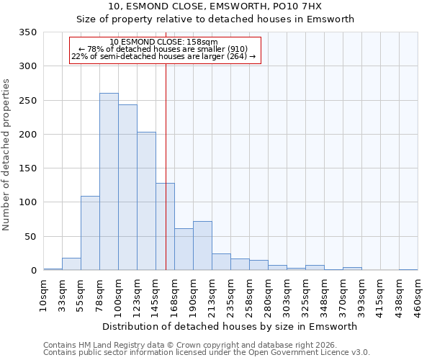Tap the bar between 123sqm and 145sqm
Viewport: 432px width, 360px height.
point(146,202)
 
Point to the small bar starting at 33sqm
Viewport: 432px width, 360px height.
point(71,264)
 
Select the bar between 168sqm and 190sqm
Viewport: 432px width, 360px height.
point(184,250)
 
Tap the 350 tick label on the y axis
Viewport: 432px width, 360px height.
point(27,32)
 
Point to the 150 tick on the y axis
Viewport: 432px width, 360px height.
point(27,168)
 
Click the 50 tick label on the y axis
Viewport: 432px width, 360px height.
point(30,237)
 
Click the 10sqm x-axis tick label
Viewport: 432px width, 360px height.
point(43,295)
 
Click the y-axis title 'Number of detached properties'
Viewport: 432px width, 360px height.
point(6,155)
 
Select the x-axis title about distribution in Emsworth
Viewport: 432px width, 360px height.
point(230,326)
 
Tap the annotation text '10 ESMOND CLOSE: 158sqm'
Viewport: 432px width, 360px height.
point(164,42)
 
